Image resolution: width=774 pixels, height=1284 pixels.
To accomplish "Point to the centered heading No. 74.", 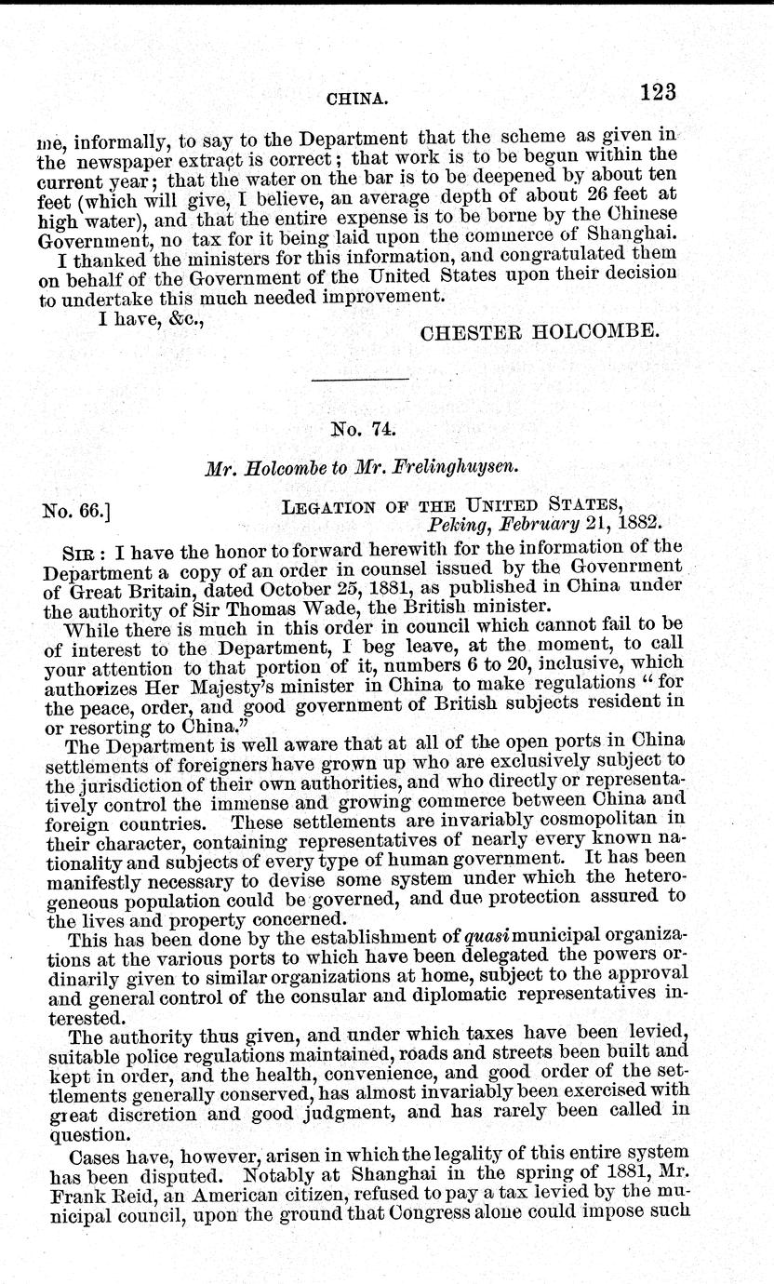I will [364, 430].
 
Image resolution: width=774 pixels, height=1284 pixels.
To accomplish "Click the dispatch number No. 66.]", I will [79, 510].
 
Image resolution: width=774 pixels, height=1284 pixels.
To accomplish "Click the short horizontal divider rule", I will [361, 381].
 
